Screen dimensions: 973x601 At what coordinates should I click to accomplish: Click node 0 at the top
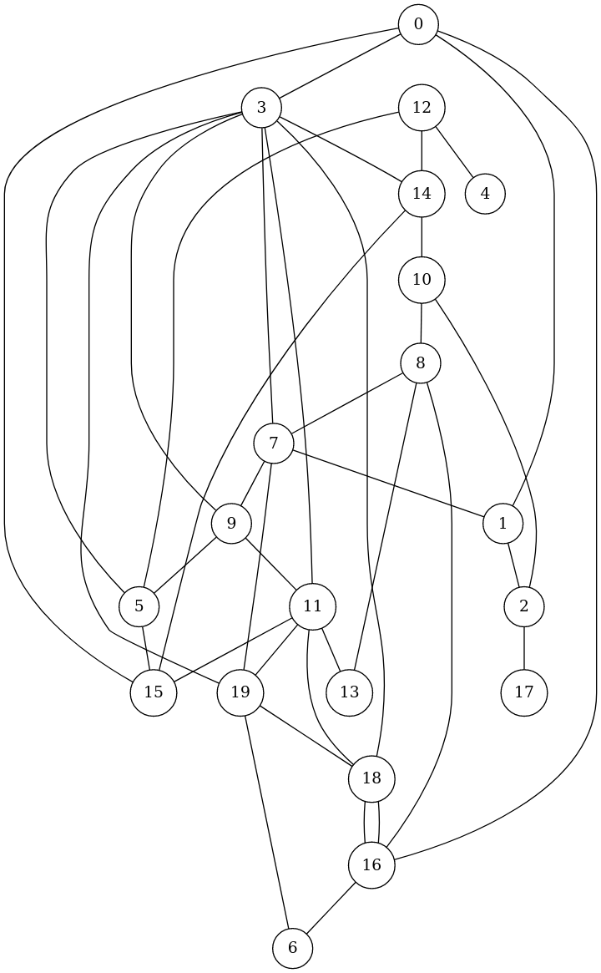pos(418,25)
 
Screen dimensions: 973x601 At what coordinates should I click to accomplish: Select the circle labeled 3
pos(262,108)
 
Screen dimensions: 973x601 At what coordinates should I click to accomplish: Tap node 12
pos(422,108)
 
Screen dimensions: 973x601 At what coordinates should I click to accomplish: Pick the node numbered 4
pos(485,193)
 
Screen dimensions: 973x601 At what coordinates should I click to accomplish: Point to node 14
pos(422,193)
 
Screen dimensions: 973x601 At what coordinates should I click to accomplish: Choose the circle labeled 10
pos(422,279)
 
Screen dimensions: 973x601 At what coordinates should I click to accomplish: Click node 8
pos(421,363)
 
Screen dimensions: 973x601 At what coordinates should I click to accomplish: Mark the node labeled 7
pos(273,443)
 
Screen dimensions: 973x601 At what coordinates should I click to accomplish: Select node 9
pos(232,524)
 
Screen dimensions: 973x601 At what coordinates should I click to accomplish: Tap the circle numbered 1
pos(503,524)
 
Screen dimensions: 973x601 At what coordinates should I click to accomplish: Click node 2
pos(524,606)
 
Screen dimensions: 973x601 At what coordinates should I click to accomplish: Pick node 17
pos(524,692)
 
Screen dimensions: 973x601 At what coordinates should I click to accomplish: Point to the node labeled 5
pos(139,606)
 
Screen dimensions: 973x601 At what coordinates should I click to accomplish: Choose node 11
pos(313,606)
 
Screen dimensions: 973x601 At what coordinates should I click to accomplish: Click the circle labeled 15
pos(154,692)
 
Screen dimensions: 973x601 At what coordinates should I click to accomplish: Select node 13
pos(349,692)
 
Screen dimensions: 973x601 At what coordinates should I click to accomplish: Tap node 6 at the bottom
pos(292,949)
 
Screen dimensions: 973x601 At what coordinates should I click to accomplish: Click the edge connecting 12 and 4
pos(454,151)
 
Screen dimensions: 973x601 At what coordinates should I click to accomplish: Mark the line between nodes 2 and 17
pos(524,649)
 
